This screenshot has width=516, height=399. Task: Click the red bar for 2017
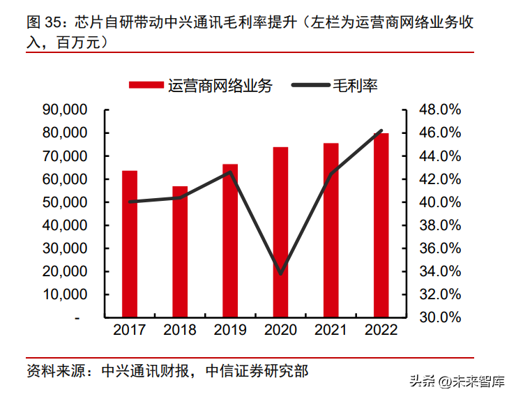click(x=130, y=243)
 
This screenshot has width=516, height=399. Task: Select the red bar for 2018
click(x=180, y=251)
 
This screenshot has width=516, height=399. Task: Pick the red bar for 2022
click(x=381, y=225)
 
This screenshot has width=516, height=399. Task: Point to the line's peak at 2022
click(x=381, y=130)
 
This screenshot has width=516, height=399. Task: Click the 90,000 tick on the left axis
click(x=64, y=110)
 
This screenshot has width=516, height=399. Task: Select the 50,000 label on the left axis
click(x=64, y=202)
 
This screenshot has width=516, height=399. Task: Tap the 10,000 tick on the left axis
click(x=64, y=294)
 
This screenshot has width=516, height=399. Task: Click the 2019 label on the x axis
click(x=230, y=330)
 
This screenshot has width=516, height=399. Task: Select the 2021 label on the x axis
click(x=331, y=330)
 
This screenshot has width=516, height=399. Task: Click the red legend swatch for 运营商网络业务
click(x=146, y=86)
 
